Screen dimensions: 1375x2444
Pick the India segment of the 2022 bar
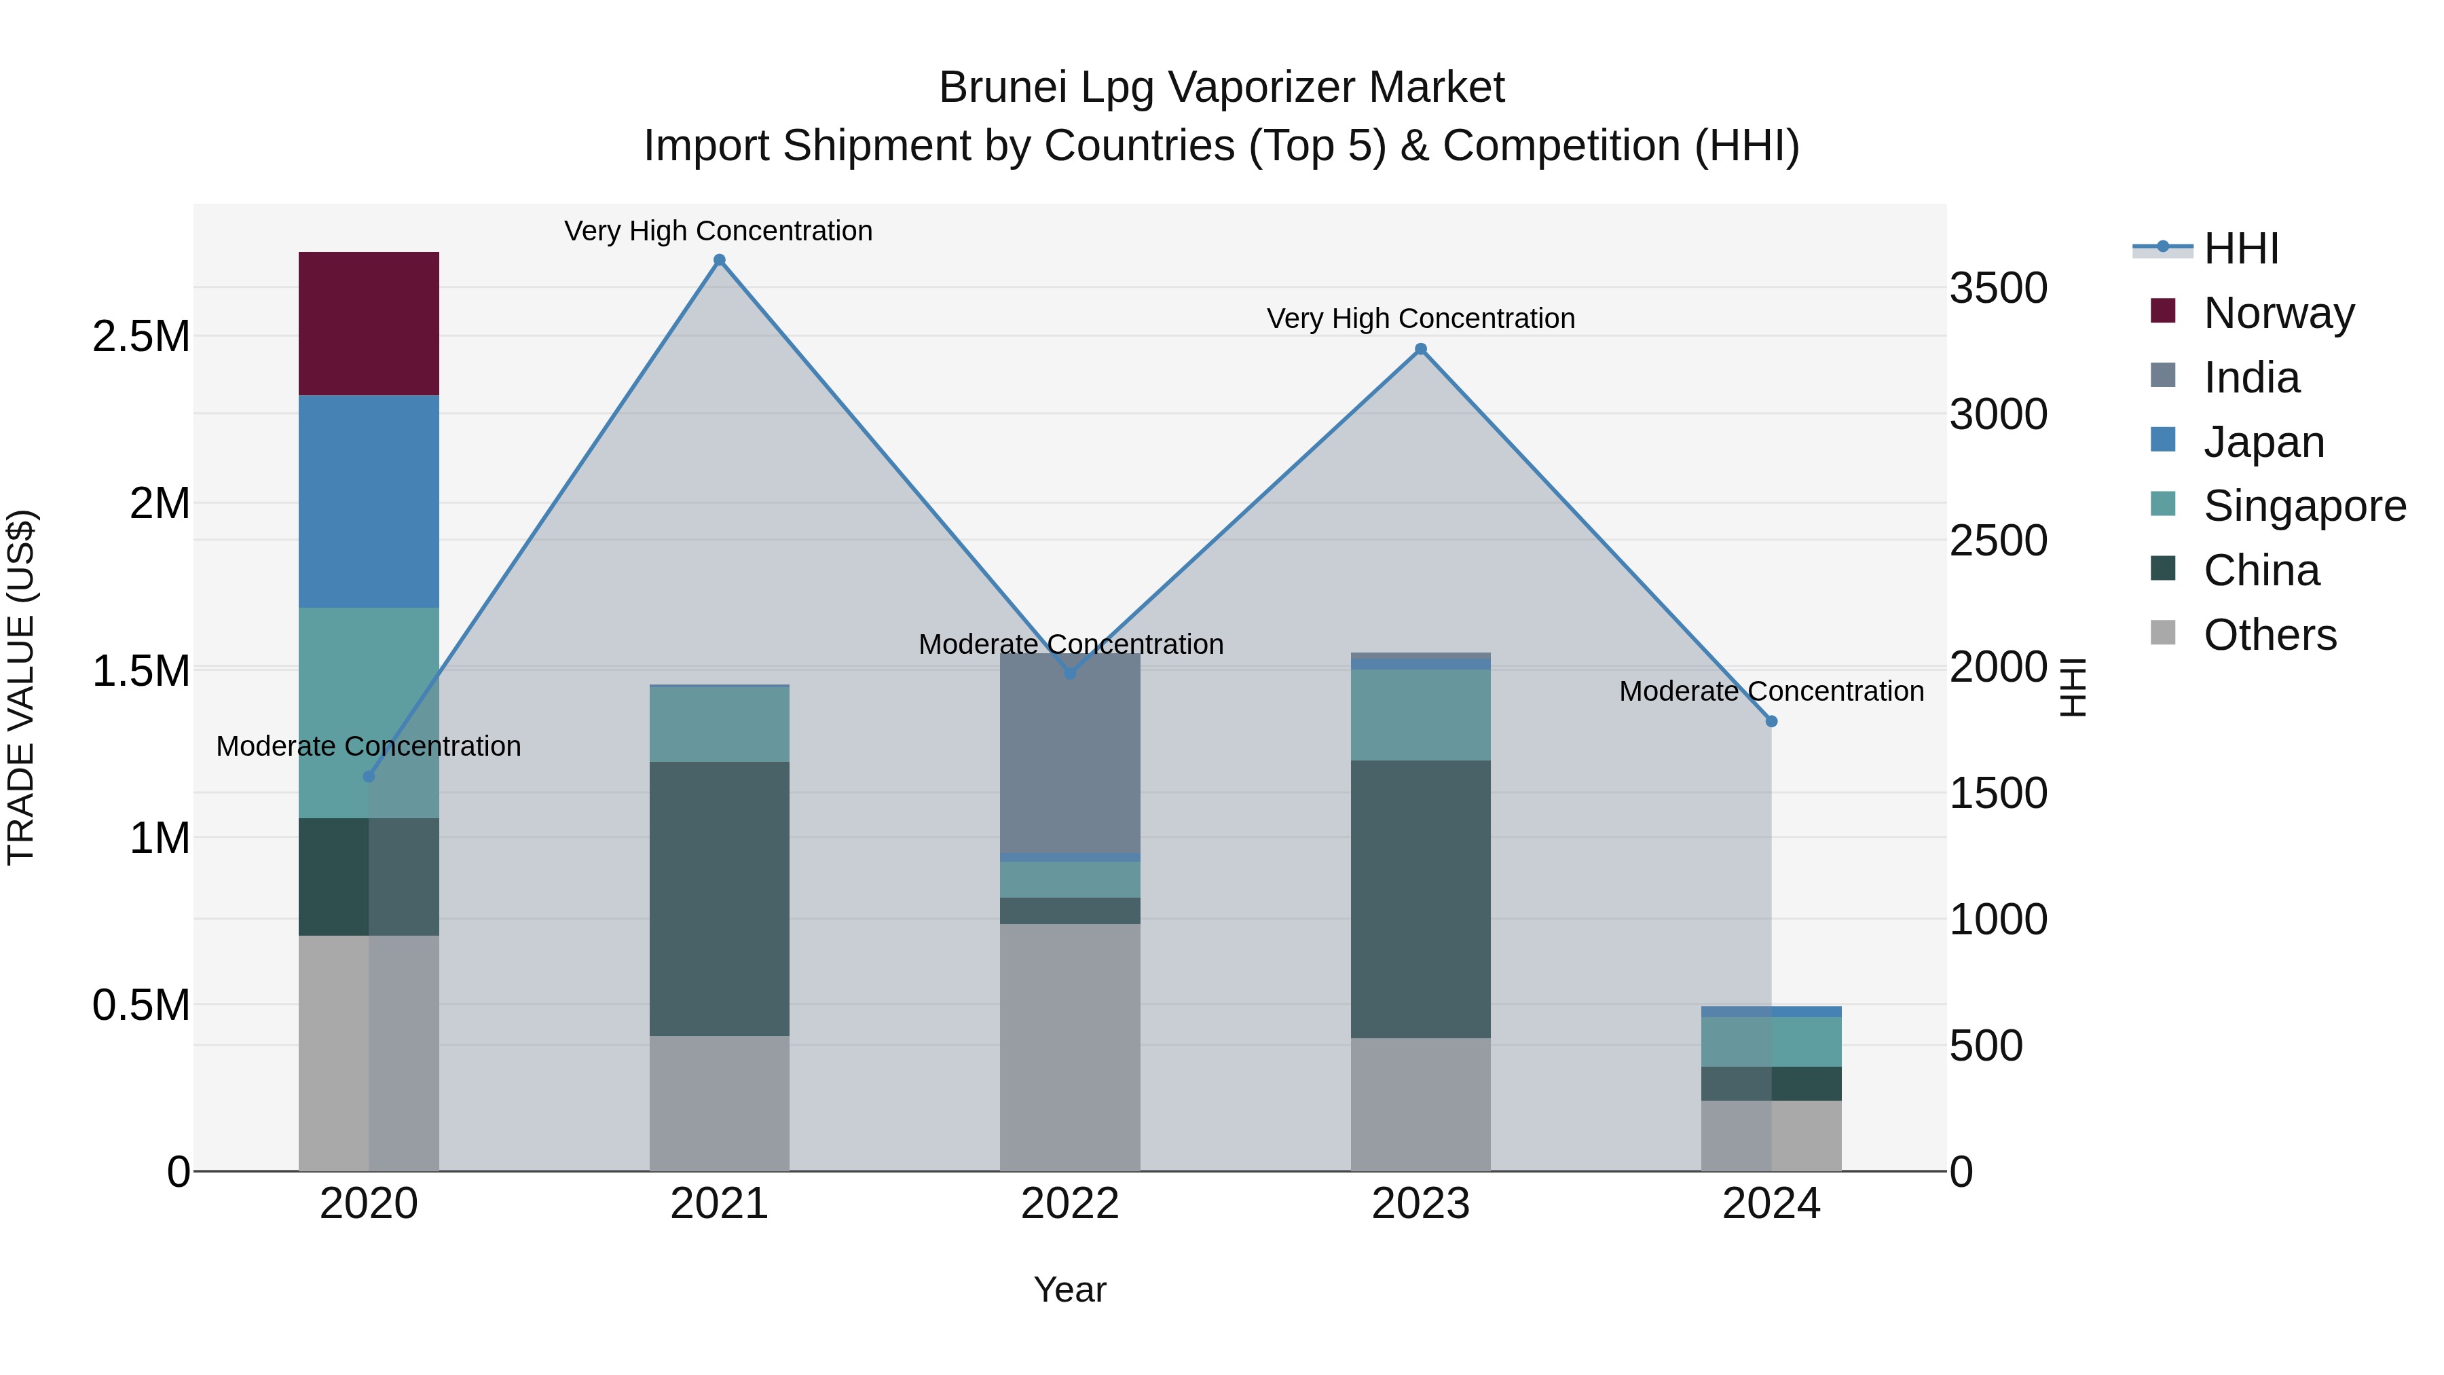pyautogui.click(x=1069, y=754)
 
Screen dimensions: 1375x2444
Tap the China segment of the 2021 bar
pyautogui.click(x=719, y=898)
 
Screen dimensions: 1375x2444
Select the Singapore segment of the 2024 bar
pyautogui.click(x=1771, y=1041)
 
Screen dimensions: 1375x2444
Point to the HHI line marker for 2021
pyautogui.click(x=719, y=260)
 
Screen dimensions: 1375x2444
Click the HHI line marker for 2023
pyautogui.click(x=1420, y=349)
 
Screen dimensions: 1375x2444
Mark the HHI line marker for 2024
pyautogui.click(x=1771, y=721)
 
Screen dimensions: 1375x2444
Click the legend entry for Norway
pyautogui.click(x=2277, y=313)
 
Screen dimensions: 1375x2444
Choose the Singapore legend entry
pyautogui.click(x=2303, y=506)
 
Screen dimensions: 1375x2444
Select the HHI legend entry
pyautogui.click(x=2240, y=249)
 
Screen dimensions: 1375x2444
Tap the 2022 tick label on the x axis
pyautogui.click(x=1069, y=1204)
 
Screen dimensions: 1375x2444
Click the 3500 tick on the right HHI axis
pyautogui.click(x=1998, y=289)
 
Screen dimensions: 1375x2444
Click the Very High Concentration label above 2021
pyautogui.click(x=718, y=231)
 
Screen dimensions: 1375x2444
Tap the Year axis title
pyautogui.click(x=1069, y=1289)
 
